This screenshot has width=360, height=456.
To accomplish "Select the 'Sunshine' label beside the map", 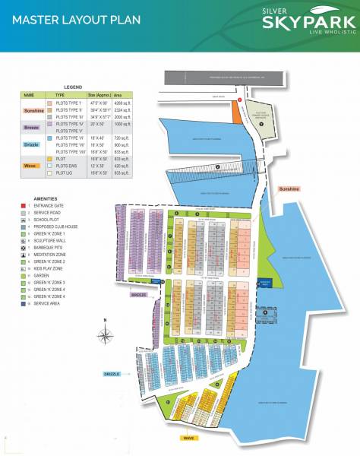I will tap(289, 188).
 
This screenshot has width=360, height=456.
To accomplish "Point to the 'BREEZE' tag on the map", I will tap(137, 295).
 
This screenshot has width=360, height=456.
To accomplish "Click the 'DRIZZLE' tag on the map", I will tap(112, 374).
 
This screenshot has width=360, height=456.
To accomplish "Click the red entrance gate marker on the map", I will tap(239, 100).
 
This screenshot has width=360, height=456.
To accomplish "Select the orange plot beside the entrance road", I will tap(235, 115).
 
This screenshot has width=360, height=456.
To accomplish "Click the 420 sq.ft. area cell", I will tap(122, 166).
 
